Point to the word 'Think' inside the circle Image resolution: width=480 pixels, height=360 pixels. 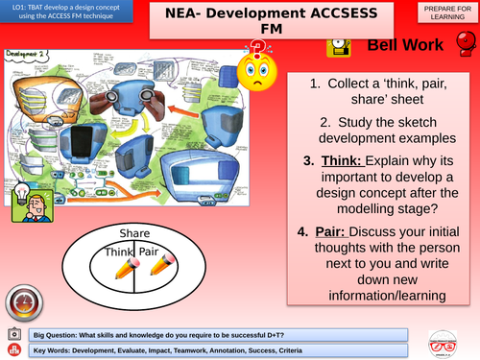[118, 251]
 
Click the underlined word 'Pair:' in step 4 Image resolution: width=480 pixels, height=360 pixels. [336, 231]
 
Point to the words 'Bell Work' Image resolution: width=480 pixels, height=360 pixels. [406, 46]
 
